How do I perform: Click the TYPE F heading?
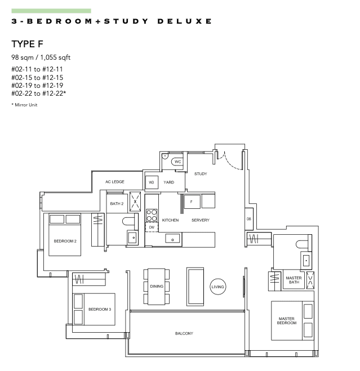coord(27,44)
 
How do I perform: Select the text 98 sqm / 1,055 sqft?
coord(41,57)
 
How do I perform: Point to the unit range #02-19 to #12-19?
coord(37,86)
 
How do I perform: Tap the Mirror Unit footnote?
coord(24,105)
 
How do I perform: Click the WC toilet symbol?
coord(177,162)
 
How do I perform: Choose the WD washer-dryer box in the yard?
coord(152,182)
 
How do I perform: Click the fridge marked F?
coord(192,202)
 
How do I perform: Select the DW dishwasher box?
coord(152,227)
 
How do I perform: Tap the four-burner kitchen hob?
coord(152,215)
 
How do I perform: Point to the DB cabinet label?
coord(248,219)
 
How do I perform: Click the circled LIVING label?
coord(217,287)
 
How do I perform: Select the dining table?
coord(157,287)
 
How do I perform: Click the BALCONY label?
coord(184,333)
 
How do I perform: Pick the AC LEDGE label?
coord(115,182)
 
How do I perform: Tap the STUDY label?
coord(201,174)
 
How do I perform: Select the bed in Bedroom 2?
coord(65,234)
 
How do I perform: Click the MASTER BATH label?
coord(294,280)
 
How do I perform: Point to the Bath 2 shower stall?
coord(135,202)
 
